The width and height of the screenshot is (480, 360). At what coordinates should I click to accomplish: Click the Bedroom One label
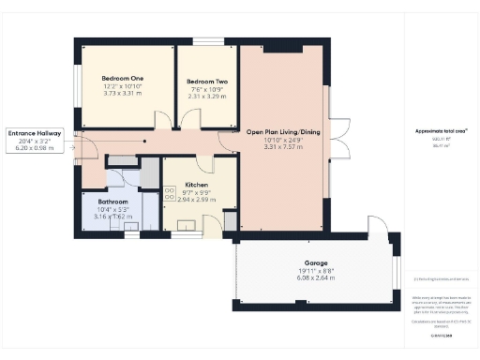pos(125,78)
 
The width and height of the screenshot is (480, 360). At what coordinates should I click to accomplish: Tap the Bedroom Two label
pos(207,82)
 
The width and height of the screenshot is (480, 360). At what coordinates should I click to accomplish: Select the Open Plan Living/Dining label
pos(283,132)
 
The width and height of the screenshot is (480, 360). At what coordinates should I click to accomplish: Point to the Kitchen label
pos(195,185)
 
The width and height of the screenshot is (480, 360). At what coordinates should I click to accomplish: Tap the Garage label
pos(314,263)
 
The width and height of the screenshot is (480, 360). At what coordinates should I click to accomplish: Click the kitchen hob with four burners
pos(170,193)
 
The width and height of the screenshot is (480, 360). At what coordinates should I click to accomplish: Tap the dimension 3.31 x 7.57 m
pos(283,147)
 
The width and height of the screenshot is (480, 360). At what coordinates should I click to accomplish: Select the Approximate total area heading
pos(440,130)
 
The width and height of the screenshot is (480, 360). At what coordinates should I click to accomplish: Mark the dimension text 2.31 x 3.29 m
pos(207,97)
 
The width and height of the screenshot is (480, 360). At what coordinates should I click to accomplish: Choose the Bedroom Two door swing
pos(190,120)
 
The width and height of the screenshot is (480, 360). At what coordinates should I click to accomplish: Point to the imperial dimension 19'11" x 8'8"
pos(314,271)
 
